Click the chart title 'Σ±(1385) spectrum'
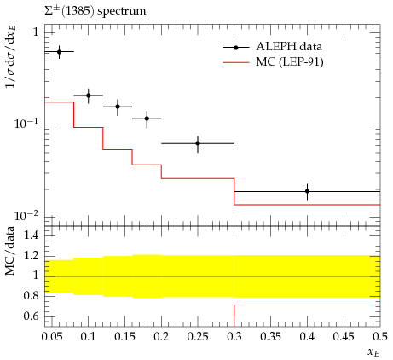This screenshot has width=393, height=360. tap(95, 11)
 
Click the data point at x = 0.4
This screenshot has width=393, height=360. tap(307, 191)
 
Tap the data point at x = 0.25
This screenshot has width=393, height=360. tap(198, 143)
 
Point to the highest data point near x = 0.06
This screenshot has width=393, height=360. tap(59, 52)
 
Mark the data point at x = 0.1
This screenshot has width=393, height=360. tap(89, 96)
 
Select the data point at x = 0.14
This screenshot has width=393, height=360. tap(118, 107)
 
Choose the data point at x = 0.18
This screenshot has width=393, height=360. tap(147, 119)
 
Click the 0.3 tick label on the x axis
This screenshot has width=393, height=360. tap(234, 337)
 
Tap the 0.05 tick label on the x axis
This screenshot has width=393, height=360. tap(52, 337)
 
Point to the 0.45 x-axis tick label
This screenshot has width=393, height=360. tap(344, 337)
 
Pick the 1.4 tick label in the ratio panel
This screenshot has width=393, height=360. tap(32, 235)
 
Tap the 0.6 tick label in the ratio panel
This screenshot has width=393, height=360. tap(32, 316)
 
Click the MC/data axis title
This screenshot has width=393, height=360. tap(10, 252)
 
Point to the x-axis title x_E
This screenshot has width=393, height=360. tap(373, 353)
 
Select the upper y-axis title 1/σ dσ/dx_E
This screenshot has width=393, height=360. tap(11, 56)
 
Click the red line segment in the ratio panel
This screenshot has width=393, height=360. tap(307, 305)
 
